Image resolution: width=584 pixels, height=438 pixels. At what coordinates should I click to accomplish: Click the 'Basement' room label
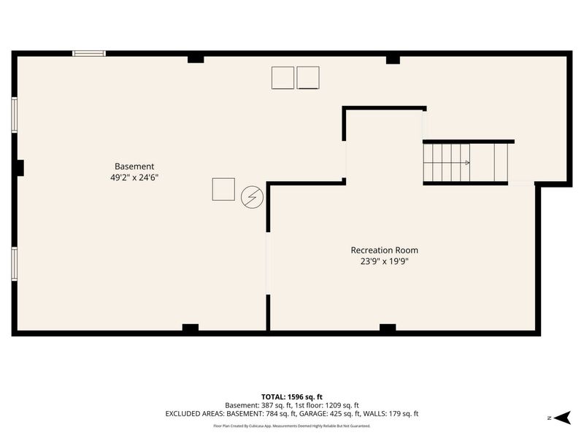(134, 166)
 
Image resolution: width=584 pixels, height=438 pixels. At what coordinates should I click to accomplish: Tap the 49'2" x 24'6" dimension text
(134, 177)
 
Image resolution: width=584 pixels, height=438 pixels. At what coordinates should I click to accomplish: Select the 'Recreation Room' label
(385, 250)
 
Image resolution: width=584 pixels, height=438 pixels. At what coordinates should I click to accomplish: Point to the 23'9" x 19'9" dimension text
(385, 261)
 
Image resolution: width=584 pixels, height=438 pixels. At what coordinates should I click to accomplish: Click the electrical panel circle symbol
(252, 197)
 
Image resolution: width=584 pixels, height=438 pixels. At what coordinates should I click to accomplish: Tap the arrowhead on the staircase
(467, 162)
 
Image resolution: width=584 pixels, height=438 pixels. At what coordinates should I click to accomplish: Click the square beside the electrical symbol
(223, 189)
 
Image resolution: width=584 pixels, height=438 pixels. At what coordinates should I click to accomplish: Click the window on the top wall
(89, 53)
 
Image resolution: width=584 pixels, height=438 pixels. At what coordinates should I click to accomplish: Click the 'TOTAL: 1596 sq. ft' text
(291, 397)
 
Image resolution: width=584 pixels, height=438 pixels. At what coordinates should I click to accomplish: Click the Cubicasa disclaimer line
(291, 426)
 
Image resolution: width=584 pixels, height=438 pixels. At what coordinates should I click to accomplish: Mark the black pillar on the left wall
(20, 168)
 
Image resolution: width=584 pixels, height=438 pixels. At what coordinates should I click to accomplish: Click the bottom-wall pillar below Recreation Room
(388, 327)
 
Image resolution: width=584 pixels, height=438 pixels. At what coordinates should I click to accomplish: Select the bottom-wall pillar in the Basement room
(191, 327)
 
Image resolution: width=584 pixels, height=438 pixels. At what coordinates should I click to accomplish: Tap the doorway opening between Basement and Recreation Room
(268, 264)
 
